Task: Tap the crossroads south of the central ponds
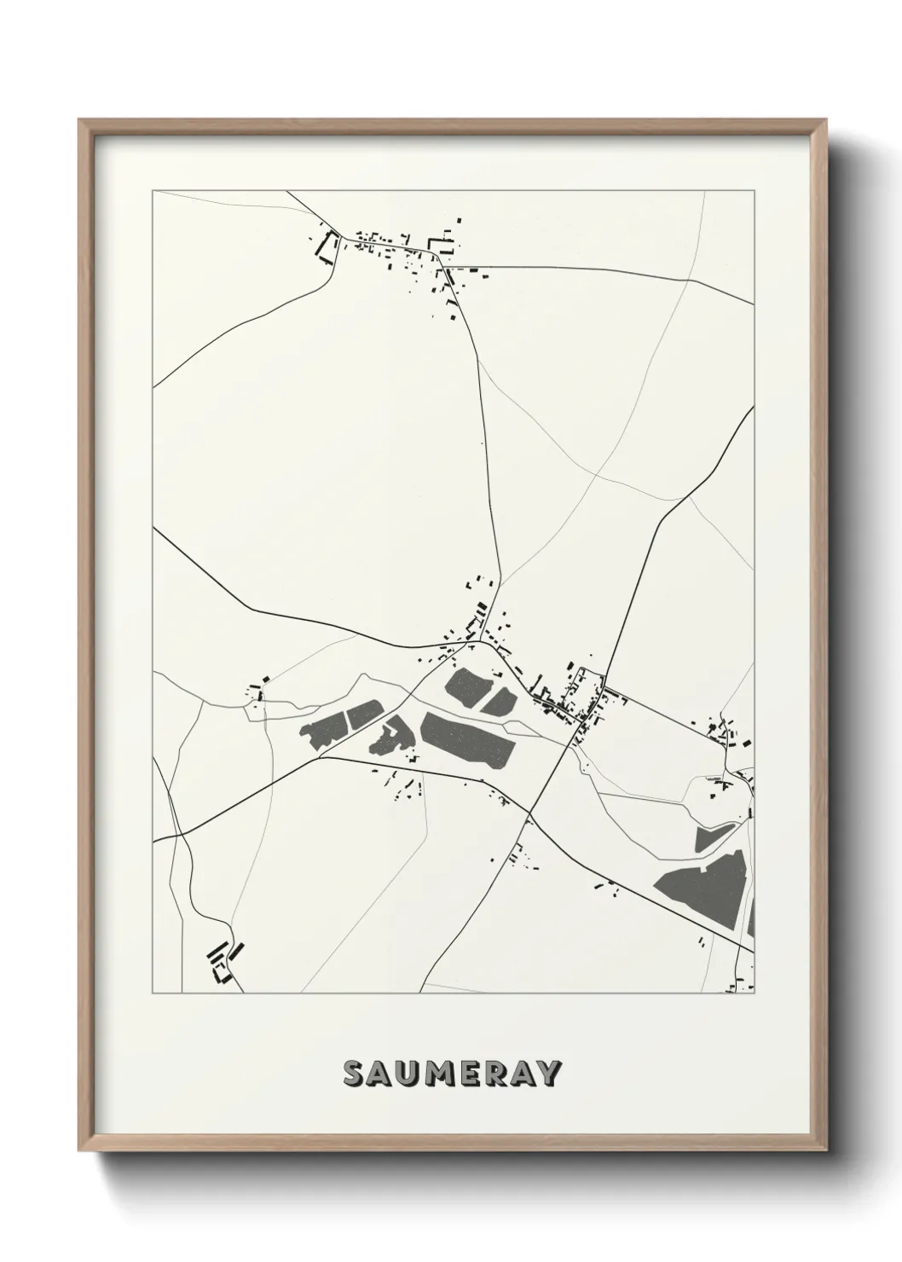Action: (x=529, y=814)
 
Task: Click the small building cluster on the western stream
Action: (x=257, y=692)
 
